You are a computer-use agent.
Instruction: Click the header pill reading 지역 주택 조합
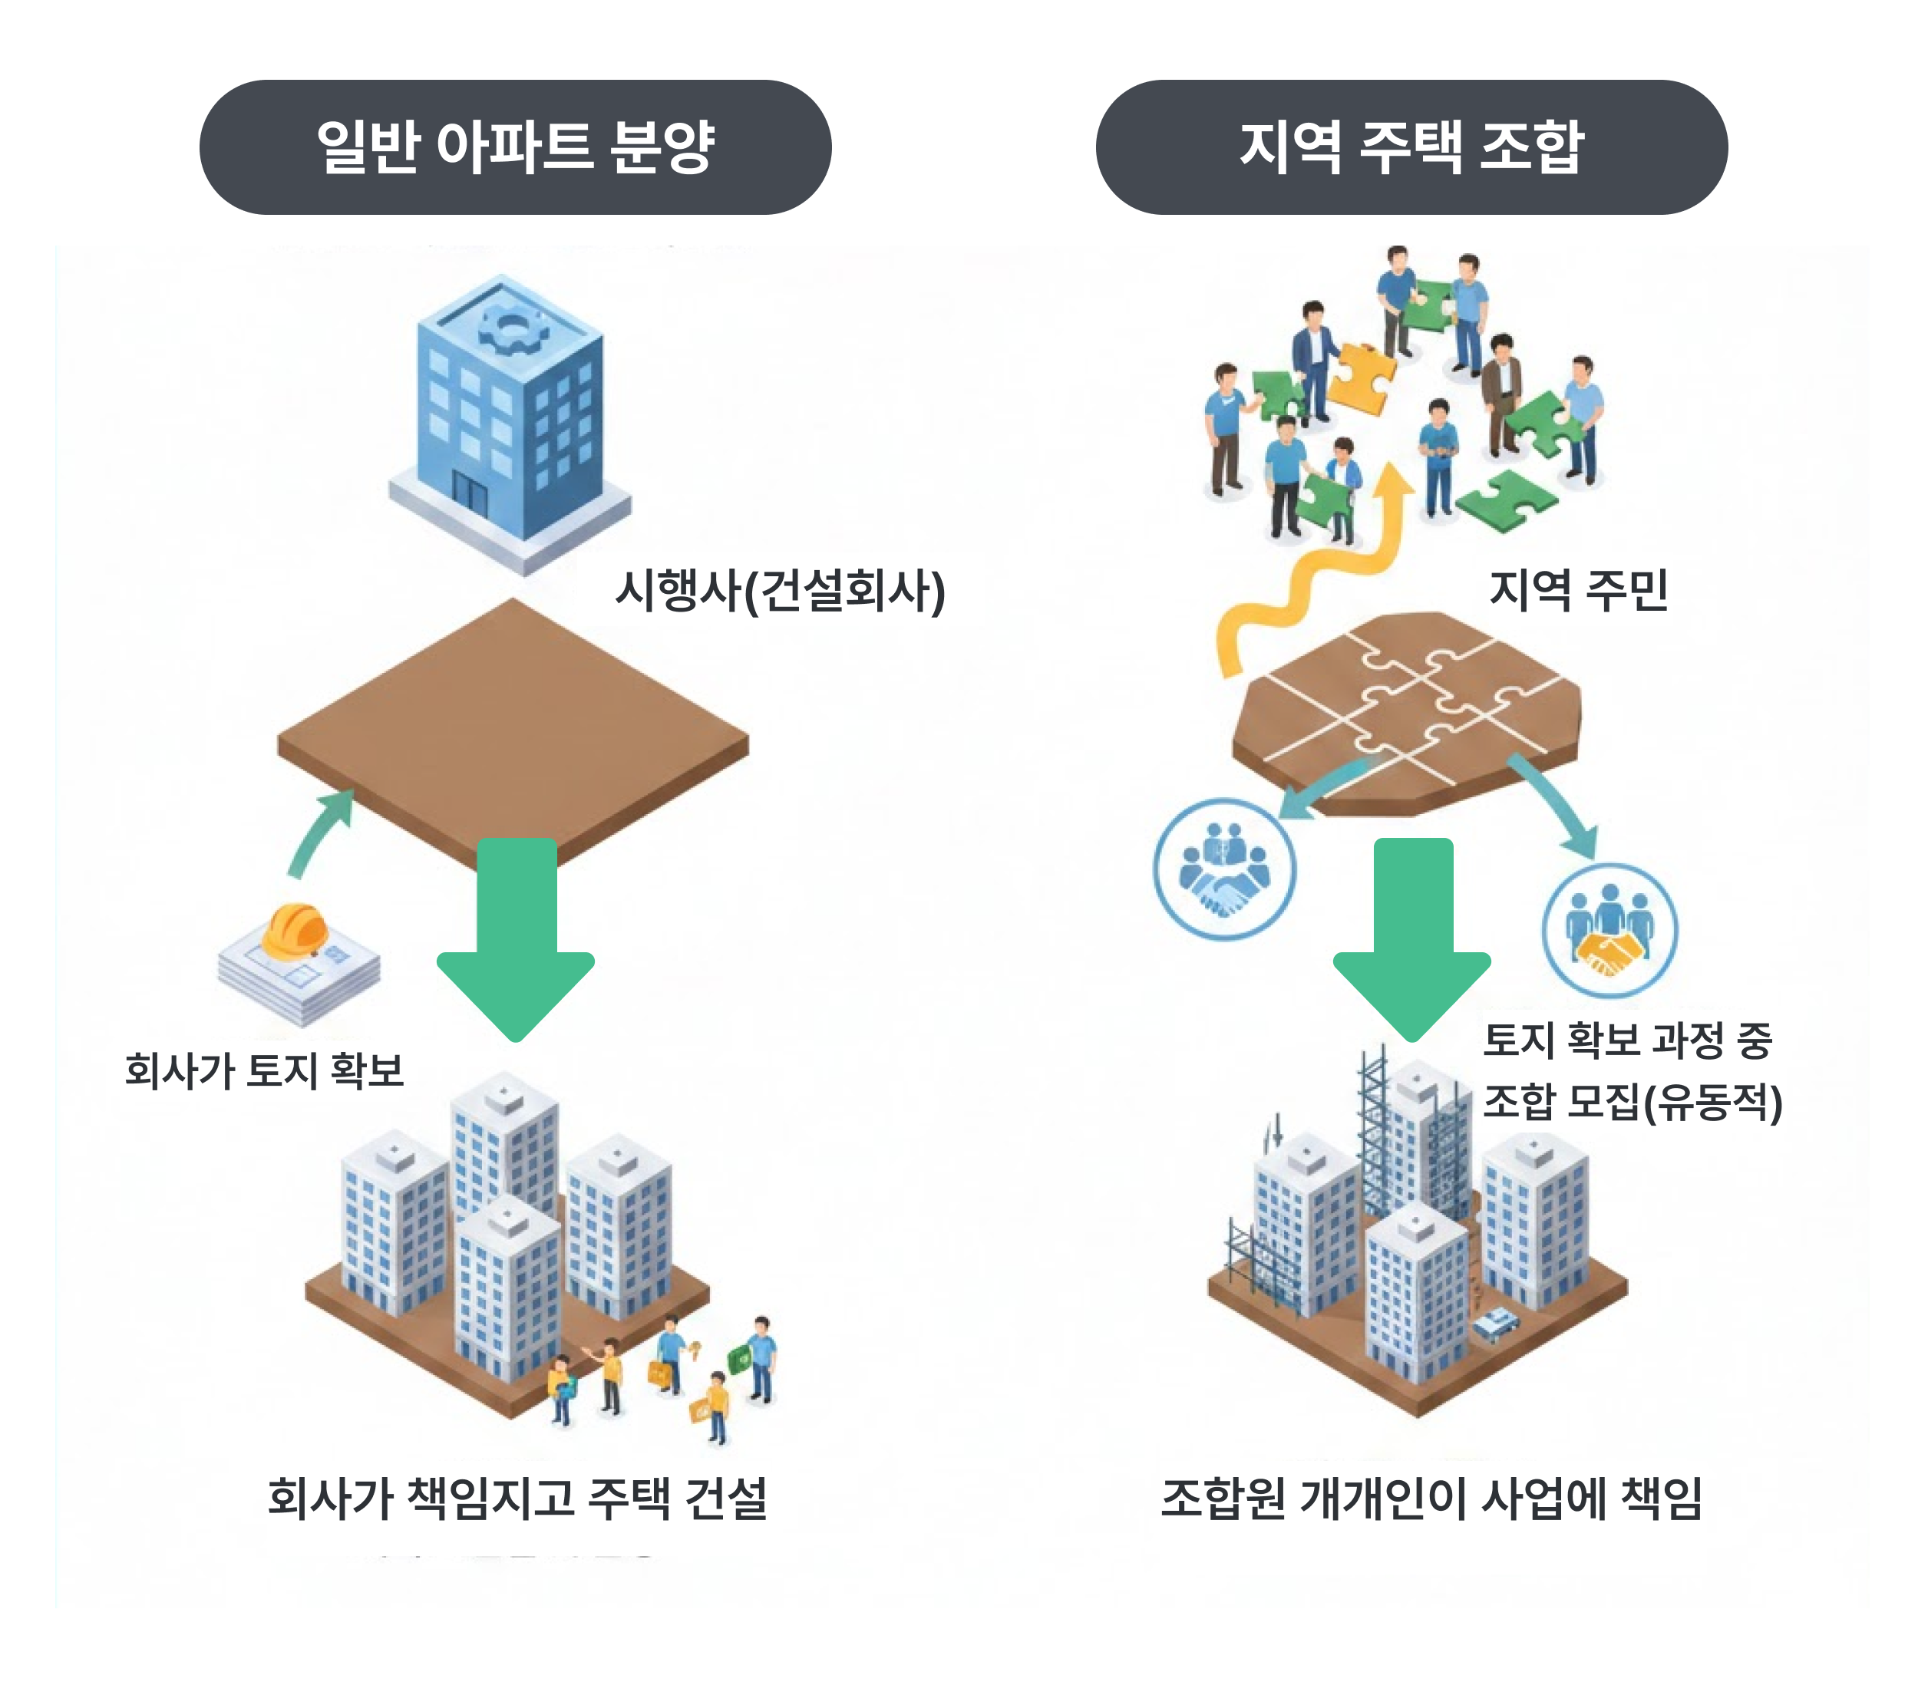[1411, 147]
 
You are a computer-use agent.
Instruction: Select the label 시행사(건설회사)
[779, 591]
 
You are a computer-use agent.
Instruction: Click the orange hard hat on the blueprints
[295, 931]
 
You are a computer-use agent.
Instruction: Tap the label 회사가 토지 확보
[264, 1070]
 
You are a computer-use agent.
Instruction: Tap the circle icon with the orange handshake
[1609, 930]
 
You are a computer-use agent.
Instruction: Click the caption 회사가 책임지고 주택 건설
[517, 1498]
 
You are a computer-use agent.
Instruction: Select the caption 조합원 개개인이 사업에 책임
[1431, 1498]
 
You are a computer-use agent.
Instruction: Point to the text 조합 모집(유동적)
[1632, 1101]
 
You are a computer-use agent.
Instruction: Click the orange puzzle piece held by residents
[1362, 376]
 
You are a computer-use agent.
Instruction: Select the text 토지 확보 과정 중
[1627, 1040]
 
